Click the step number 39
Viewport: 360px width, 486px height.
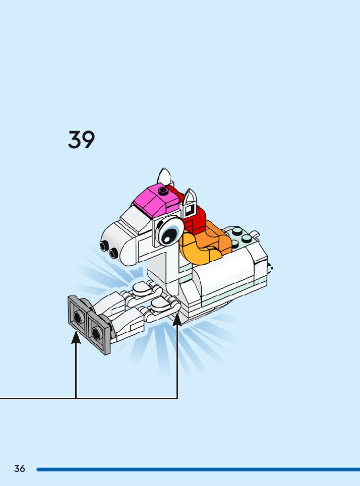click(81, 140)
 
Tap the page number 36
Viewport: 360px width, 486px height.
click(20, 468)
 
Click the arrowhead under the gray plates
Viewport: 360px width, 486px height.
click(76, 338)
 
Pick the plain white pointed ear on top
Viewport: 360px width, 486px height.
click(164, 177)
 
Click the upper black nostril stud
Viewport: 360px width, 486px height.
click(105, 246)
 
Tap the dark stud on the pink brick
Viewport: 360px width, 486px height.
click(162, 191)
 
